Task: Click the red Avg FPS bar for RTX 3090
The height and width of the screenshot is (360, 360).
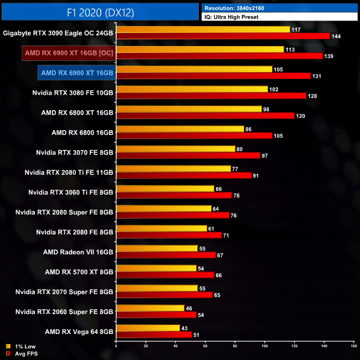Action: point(223,37)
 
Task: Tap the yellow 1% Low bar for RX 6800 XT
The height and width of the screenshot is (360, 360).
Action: point(189,109)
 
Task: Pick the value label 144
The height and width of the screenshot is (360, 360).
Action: point(337,37)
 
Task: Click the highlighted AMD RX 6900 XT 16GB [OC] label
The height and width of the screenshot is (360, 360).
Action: point(69,53)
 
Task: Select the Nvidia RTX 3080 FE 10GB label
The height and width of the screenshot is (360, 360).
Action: point(73,92)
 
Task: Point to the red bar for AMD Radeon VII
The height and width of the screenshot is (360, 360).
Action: point(166,255)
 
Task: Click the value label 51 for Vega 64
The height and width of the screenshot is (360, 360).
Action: point(198,335)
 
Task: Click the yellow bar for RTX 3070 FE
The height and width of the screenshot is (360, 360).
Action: point(176,149)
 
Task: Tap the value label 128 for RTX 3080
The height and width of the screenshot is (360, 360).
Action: point(313,96)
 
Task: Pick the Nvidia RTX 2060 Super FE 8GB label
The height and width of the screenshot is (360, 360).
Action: point(64,311)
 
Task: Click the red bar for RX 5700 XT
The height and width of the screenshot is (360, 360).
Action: point(165,275)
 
